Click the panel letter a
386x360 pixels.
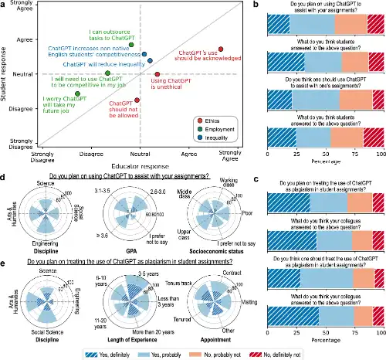pyautogui.click(x=4, y=5)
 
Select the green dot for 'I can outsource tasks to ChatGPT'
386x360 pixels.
pyautogui.click(x=131, y=44)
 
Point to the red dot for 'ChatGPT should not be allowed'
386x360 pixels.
pyautogui.click(x=137, y=100)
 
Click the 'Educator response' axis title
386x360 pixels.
pyautogui.click(x=139, y=165)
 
